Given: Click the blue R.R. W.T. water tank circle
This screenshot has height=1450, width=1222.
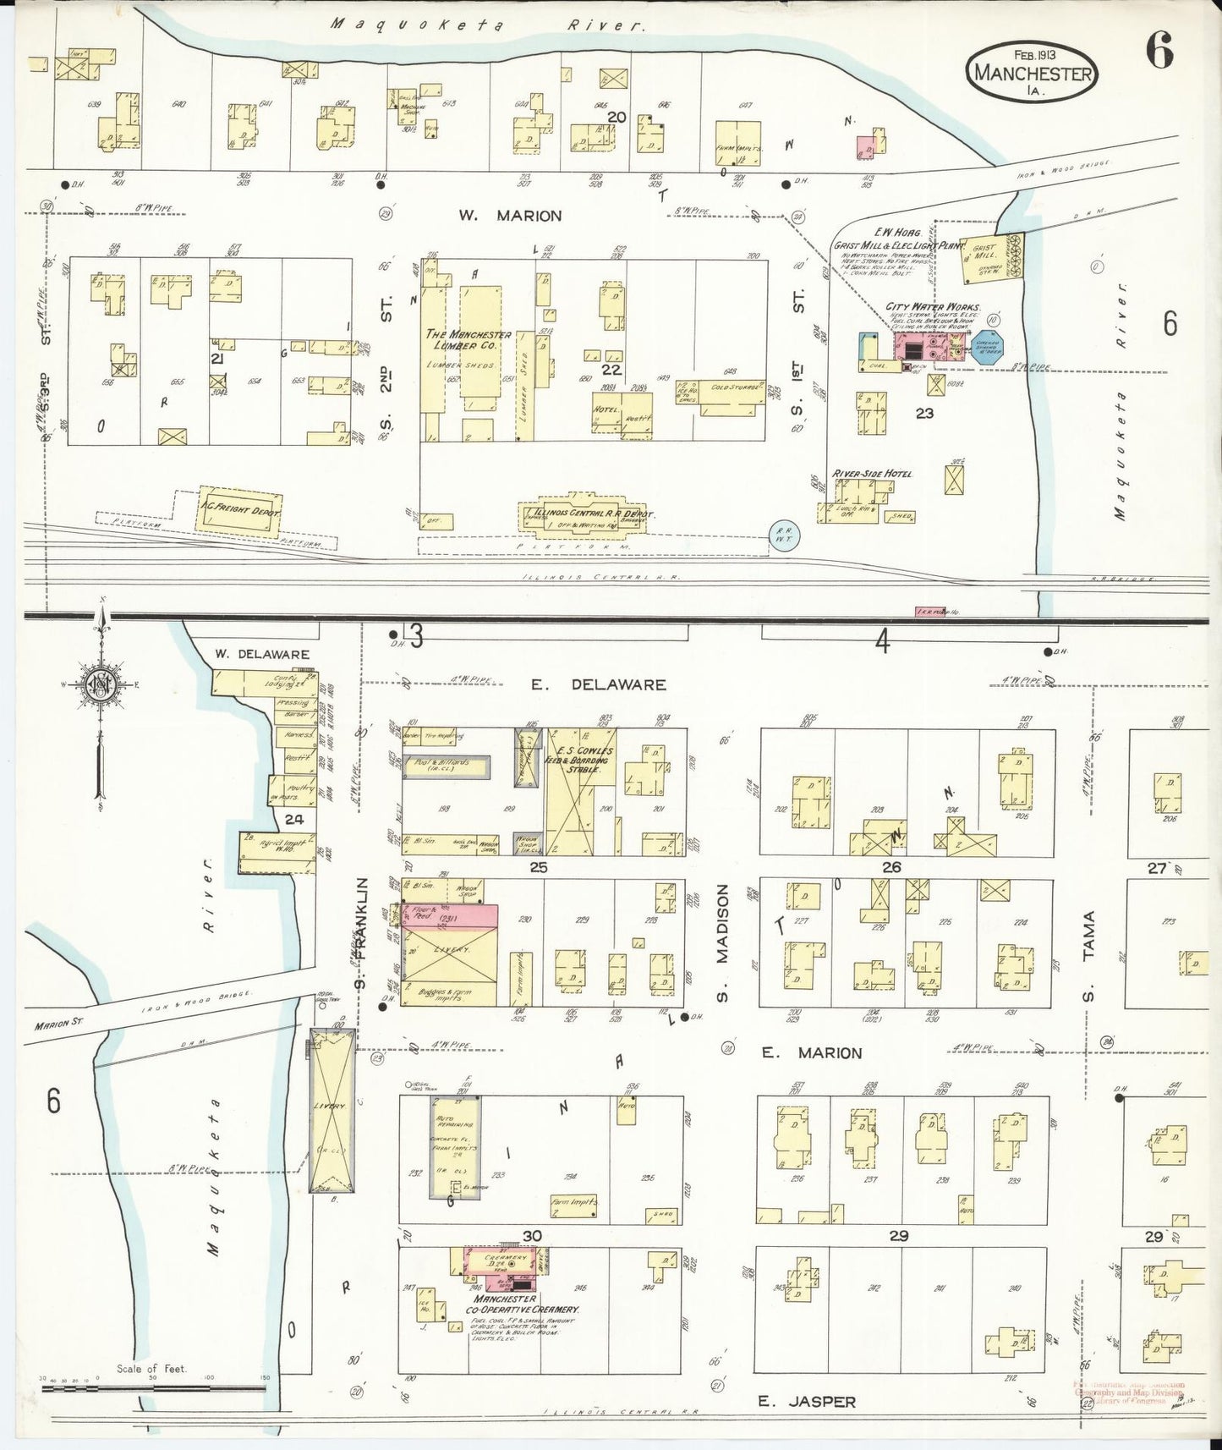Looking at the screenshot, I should (783, 536).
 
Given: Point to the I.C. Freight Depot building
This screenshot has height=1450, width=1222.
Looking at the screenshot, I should (239, 508).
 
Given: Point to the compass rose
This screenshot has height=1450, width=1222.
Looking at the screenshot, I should (101, 687).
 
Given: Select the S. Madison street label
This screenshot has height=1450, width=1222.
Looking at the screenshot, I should (722, 942).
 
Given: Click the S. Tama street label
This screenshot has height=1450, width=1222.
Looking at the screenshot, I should (1089, 954).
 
